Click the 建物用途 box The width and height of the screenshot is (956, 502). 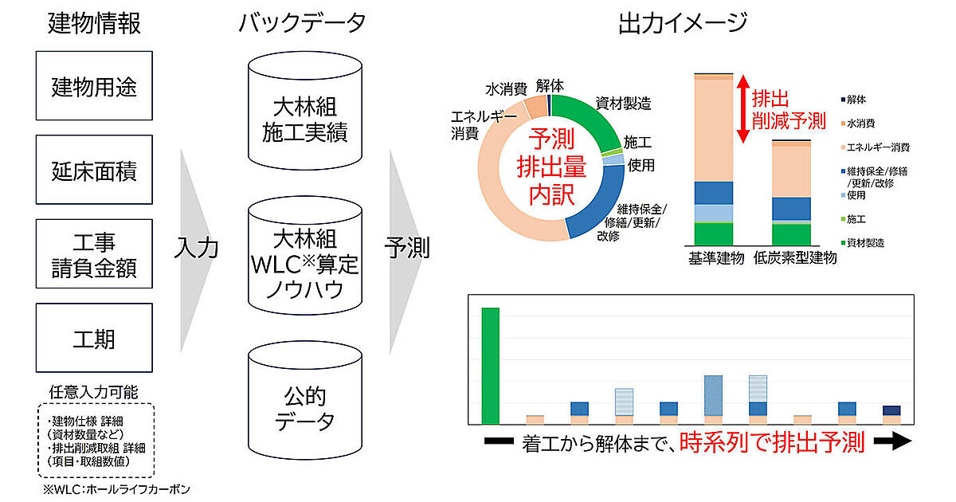[x=94, y=85]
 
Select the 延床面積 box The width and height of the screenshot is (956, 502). [x=94, y=170]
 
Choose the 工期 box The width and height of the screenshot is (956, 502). [x=94, y=338]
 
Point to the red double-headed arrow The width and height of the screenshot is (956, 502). [x=742, y=109]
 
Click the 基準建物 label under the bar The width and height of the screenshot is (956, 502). [x=715, y=258]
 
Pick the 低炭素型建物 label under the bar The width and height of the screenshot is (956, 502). [x=793, y=258]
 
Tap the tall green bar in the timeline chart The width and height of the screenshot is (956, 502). [x=491, y=366]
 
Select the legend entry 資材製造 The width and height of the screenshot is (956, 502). [x=867, y=242]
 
